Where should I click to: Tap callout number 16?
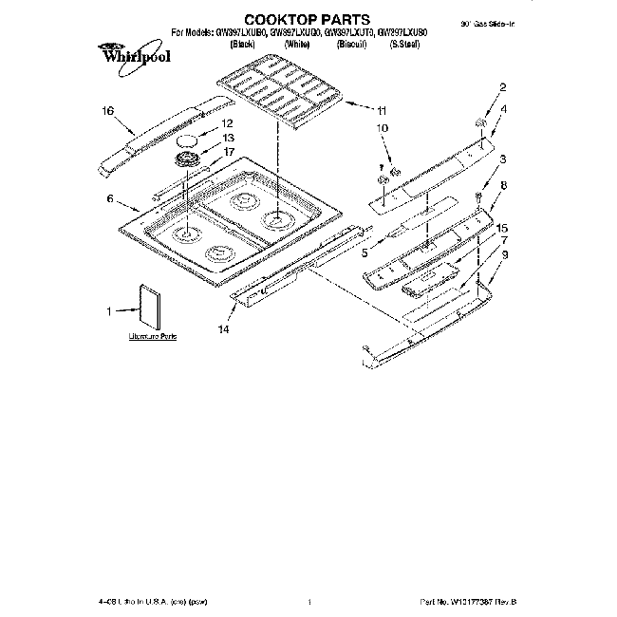(x=109, y=111)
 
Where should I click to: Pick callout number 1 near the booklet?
(x=109, y=310)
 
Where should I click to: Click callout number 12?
(x=227, y=123)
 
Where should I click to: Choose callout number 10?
(x=383, y=127)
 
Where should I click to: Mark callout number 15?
(x=503, y=229)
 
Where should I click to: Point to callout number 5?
(x=365, y=252)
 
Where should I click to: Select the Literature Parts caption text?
(x=153, y=337)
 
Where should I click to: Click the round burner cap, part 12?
(x=188, y=139)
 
